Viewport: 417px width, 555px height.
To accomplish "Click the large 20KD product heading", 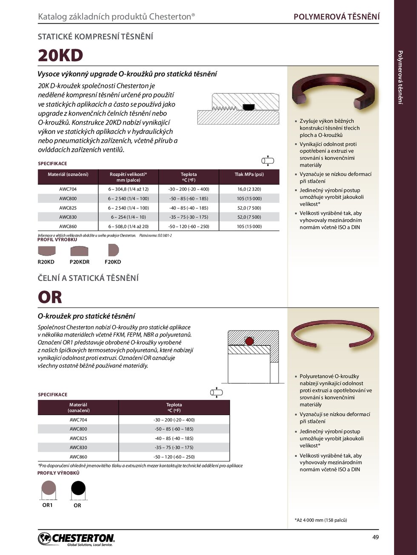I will pyautogui.click(x=60, y=56).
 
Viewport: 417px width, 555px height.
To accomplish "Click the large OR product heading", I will pyautogui.click(x=50, y=297).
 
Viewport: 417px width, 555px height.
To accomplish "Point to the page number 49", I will pyautogui.click(x=375, y=537).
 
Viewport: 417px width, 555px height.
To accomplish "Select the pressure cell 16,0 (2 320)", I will pyautogui.click(x=249, y=189).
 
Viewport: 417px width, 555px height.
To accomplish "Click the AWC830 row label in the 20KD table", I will pyautogui.click(x=68, y=217).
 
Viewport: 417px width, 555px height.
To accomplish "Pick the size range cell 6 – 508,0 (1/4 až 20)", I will pyautogui.click(x=128, y=227).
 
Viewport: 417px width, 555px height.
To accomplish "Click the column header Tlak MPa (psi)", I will pyautogui.click(x=249, y=174).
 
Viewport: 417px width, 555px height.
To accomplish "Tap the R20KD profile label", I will pyautogui.click(x=46, y=262).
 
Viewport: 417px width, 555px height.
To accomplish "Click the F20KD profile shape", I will pyautogui.click(x=113, y=250).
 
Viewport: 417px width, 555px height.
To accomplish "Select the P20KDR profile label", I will pyautogui.click(x=80, y=262).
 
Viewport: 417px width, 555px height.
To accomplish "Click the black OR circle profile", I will pyautogui.click(x=78, y=489).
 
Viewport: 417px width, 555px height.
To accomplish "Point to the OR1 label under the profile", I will pyautogui.click(x=47, y=505).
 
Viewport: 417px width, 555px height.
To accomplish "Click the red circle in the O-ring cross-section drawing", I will pyautogui.click(x=249, y=341).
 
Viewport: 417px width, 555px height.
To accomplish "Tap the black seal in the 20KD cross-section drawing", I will pyautogui.click(x=247, y=106).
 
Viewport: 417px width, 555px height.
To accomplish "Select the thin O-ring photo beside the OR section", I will pyautogui.click(x=333, y=331).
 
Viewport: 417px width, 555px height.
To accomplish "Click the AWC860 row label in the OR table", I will pyautogui.click(x=78, y=457).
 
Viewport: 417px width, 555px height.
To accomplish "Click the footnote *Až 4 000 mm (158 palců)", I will pyautogui.click(x=320, y=520).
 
